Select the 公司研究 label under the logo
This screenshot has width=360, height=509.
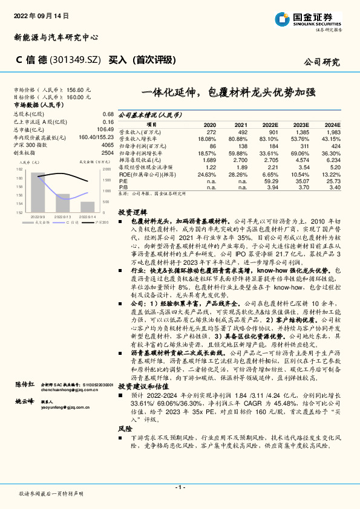pyautogui.click(x=321, y=62)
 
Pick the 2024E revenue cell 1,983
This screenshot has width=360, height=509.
pyautogui.click(x=333, y=132)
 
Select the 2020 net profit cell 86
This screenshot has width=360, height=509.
pyautogui.click(x=211, y=146)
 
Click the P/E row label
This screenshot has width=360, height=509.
pyautogui.click(x=123, y=181)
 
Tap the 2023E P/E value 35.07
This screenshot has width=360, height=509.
pyautogui.click(x=301, y=181)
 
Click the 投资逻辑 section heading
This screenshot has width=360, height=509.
pyautogui.click(x=131, y=213)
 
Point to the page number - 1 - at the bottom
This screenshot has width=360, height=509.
pyautogui.click(x=180, y=487)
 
